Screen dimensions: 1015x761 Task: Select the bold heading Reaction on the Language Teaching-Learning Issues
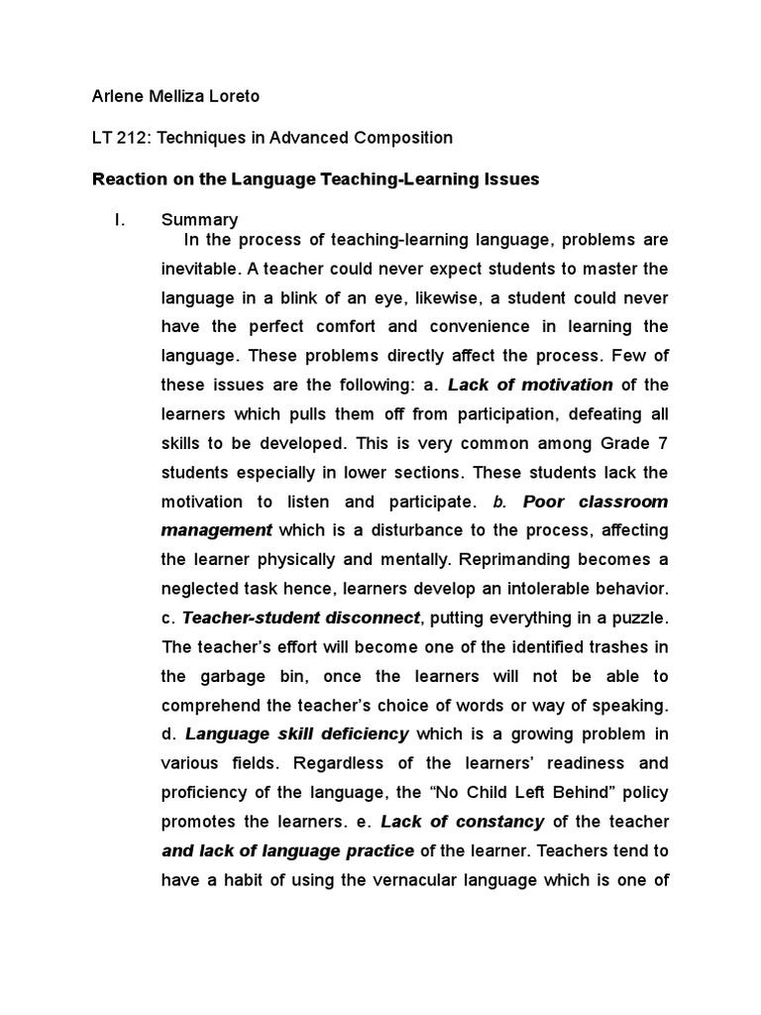[315, 179]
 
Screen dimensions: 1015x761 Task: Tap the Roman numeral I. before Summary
[120, 219]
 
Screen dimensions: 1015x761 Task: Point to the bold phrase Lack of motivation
[530, 385]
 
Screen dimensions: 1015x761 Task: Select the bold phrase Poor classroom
[596, 502]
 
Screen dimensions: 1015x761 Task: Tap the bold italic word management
[216, 530]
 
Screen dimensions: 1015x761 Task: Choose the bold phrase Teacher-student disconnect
[301, 618]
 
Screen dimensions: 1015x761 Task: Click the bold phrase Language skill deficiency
[297, 734]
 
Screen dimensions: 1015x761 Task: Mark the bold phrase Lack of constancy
[463, 822]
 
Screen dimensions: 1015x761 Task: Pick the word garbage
[229, 676]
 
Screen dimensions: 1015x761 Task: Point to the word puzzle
[640, 618]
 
